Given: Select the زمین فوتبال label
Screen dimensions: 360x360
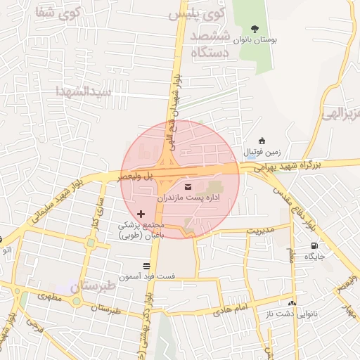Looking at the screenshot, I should click(262, 151).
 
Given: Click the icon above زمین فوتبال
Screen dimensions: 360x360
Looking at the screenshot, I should click(262, 141).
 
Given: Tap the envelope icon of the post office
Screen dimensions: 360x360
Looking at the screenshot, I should click(188, 186).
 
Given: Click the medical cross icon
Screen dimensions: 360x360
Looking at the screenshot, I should click(141, 213).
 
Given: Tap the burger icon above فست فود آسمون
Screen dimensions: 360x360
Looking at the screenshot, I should click(146, 266).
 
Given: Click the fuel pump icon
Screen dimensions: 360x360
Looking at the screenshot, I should click(314, 245).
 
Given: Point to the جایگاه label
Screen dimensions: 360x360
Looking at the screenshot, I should click(314, 257).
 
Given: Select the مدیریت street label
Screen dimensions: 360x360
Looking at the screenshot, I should click(259, 230).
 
